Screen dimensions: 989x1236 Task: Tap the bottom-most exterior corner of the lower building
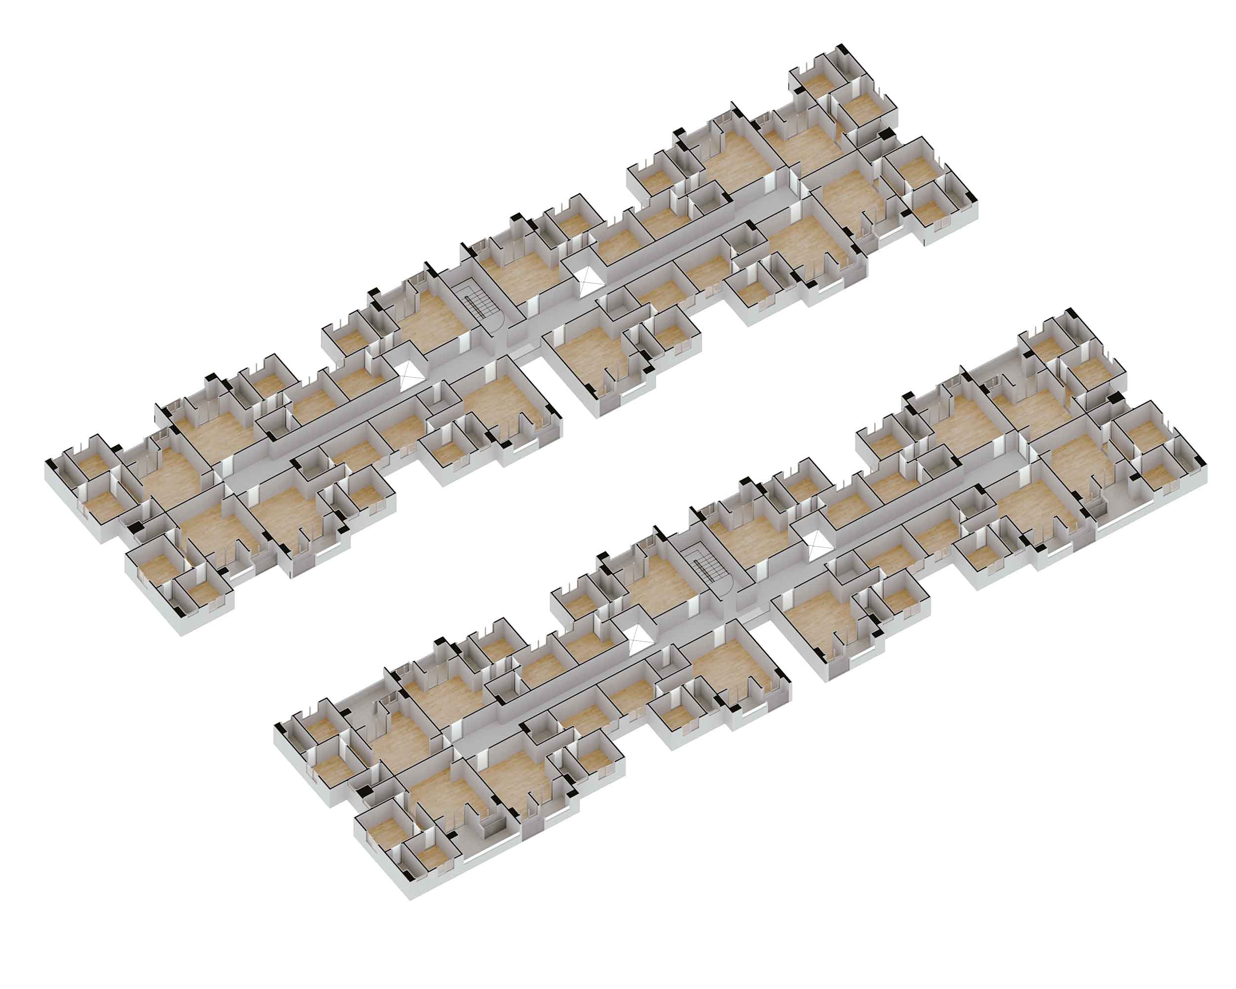(410, 899)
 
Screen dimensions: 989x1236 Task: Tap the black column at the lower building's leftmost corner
(279, 727)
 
